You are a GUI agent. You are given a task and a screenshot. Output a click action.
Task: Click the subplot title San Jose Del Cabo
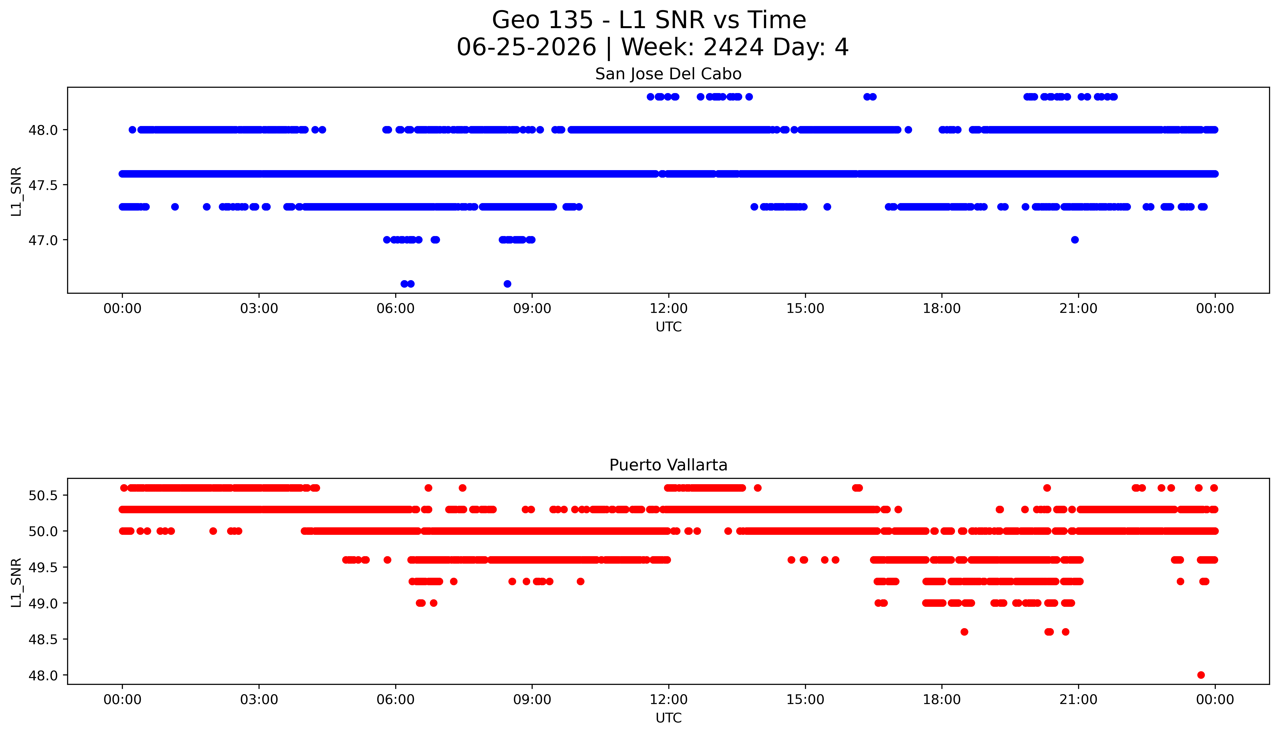click(668, 74)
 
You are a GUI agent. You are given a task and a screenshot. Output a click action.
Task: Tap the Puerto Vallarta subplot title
click(668, 465)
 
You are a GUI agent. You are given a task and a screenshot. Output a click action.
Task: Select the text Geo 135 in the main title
click(542, 20)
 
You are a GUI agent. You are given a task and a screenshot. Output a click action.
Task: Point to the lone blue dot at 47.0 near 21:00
click(1074, 240)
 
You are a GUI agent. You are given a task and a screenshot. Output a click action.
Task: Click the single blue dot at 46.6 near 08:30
click(507, 284)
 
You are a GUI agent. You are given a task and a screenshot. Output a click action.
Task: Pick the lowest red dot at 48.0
click(1201, 675)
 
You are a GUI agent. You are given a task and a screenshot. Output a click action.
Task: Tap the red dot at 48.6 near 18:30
click(964, 632)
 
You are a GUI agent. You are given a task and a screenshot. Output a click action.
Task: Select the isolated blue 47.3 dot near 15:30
click(827, 206)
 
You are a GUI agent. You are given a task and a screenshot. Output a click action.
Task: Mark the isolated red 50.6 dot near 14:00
click(757, 488)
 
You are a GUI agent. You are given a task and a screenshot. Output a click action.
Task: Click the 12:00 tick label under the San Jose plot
click(669, 308)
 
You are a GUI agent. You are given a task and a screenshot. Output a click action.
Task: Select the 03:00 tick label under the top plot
click(259, 308)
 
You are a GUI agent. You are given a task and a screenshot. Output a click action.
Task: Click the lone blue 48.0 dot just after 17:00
click(908, 130)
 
